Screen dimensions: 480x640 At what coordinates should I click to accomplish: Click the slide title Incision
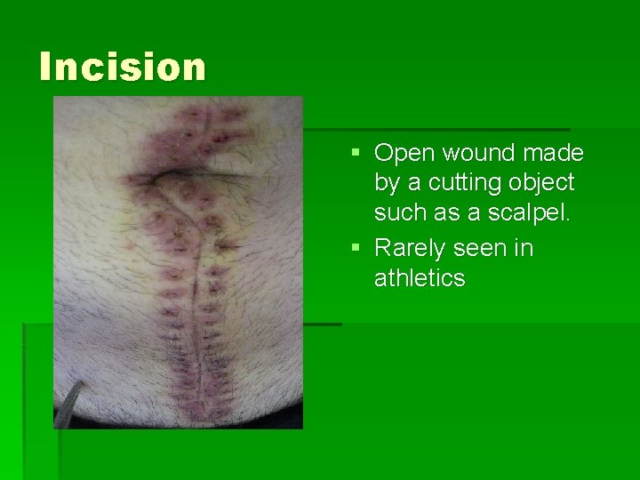(x=123, y=67)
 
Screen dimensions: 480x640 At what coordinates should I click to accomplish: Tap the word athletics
(x=420, y=278)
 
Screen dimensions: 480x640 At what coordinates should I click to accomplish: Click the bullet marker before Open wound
(x=356, y=154)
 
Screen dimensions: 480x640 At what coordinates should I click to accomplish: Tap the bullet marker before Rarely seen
(x=356, y=248)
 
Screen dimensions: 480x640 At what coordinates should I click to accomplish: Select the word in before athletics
(x=524, y=247)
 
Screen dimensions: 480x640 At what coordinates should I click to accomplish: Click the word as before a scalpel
(x=446, y=213)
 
